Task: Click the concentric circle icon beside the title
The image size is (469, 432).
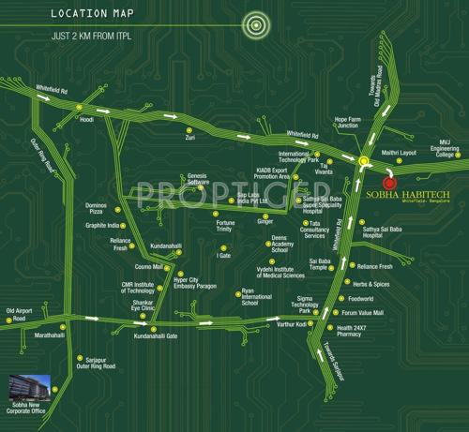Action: [x=251, y=24]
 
